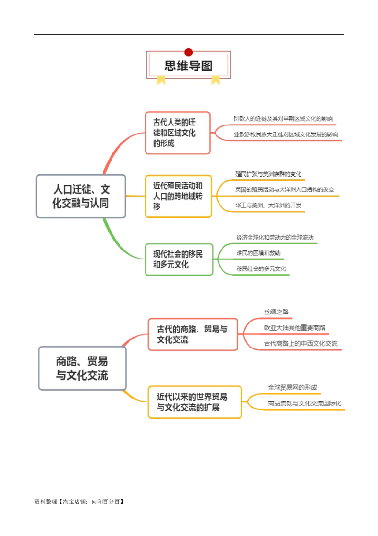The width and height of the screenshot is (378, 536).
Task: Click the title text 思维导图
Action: pyautogui.click(x=189, y=65)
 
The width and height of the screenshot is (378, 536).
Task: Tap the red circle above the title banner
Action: pyautogui.click(x=189, y=52)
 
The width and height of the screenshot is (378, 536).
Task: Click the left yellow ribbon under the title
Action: pyautogui.click(x=161, y=80)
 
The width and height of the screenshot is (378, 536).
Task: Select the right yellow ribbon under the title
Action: pyautogui.click(x=215, y=80)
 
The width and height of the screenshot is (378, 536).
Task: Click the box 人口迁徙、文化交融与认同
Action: pyautogui.click(x=81, y=196)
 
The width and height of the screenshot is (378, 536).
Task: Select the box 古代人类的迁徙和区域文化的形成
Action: pyautogui.click(x=178, y=133)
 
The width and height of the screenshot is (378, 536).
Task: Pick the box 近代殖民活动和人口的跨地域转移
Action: pyautogui.click(x=178, y=196)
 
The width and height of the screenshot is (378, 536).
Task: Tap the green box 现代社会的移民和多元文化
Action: pyautogui.click(x=179, y=259)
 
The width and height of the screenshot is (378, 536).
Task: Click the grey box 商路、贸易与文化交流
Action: pyautogui.click(x=82, y=369)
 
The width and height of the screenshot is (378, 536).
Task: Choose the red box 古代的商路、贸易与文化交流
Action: pyautogui.click(x=193, y=334)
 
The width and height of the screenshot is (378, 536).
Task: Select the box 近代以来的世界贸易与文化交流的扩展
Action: pyautogui.click(x=195, y=402)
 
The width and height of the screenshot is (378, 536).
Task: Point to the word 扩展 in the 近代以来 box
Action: pyautogui.click(x=212, y=407)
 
